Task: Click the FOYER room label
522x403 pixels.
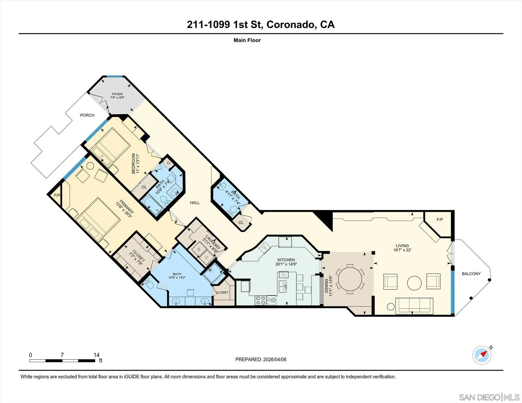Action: click(x=117, y=94)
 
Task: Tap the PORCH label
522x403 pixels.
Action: click(x=87, y=115)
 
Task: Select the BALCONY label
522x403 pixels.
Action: click(x=471, y=274)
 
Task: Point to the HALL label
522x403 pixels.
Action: click(x=195, y=203)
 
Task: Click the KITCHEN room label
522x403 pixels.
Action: click(x=286, y=260)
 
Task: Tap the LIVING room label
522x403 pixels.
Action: click(x=402, y=246)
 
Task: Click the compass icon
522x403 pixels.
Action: click(x=482, y=355)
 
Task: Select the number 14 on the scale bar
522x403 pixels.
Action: click(x=97, y=355)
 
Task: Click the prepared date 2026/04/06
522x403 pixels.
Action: click(x=275, y=359)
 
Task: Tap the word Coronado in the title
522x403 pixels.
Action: click(x=289, y=25)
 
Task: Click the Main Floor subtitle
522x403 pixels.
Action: click(x=247, y=40)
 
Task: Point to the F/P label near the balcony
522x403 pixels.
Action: click(x=440, y=220)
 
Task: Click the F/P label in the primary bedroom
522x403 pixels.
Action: click(x=57, y=195)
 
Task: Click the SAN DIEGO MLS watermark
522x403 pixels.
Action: click(x=489, y=397)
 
